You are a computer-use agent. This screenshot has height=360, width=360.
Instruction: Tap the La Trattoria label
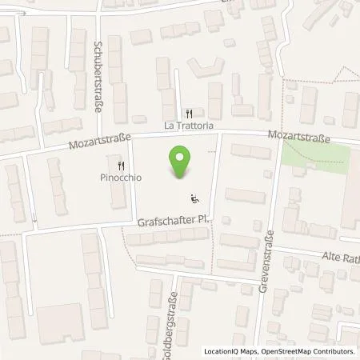190,126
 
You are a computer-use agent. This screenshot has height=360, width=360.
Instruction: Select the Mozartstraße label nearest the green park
300,138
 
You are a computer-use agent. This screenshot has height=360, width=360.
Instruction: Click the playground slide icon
194,198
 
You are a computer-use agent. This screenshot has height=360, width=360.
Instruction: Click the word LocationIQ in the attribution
223,351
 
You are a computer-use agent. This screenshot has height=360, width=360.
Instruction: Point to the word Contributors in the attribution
335,351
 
